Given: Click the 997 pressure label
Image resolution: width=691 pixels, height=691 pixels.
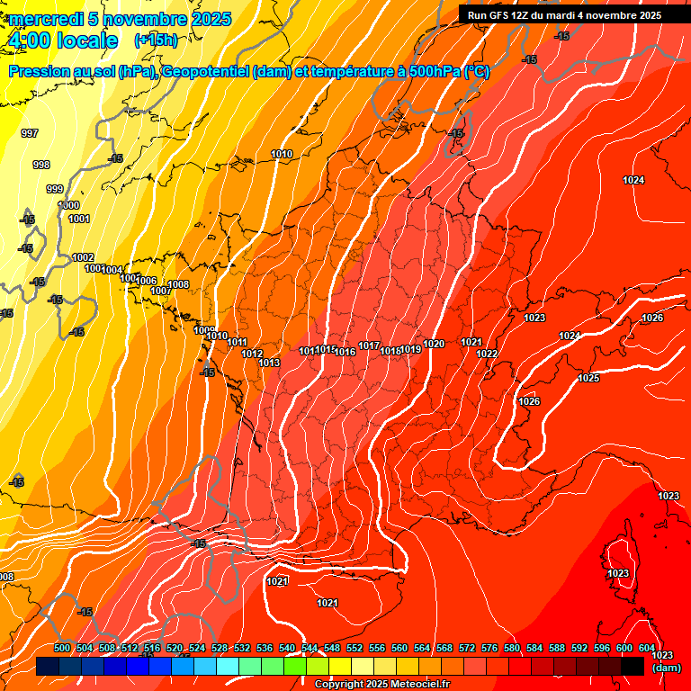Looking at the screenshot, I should coord(30,133).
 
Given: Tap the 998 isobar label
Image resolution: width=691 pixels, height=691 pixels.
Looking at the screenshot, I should coord(41,165).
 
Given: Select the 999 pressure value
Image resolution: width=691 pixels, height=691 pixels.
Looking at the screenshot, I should coord(55,189).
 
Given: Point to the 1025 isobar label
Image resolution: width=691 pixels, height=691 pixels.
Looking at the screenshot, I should coord(588,378).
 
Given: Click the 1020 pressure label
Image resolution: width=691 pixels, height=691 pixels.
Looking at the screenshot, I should coord(434,344).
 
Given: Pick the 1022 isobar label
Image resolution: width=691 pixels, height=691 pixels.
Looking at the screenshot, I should coord(487,354).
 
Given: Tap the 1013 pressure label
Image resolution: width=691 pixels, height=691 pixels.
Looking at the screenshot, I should coord(269,363).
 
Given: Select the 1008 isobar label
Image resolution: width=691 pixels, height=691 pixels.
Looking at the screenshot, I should coord(178,285).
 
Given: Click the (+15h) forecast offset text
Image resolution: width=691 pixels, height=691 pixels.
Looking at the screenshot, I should coord(156,40).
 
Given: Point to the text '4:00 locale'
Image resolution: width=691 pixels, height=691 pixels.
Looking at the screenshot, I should coord(62,40).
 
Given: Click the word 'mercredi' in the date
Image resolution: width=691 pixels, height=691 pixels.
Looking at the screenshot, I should coord(45,19).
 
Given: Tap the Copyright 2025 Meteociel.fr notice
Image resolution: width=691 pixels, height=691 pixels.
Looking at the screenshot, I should coord(381,684).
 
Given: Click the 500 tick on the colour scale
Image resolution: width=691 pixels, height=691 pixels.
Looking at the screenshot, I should coord(62,648).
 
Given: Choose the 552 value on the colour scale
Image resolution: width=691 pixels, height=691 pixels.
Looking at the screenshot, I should coord(354,648).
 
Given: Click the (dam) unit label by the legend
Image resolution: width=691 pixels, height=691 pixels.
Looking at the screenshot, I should coord(666,668).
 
